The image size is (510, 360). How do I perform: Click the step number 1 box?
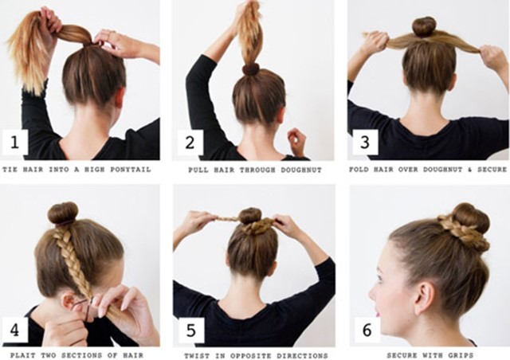[x=15, y=142]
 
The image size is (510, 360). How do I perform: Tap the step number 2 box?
[x=190, y=142]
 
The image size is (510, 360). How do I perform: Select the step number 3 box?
[x=365, y=142]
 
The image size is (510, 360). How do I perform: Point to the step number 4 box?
[x=15, y=330]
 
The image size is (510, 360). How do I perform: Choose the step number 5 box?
[x=191, y=330]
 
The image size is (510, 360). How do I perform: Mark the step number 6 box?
[x=367, y=330]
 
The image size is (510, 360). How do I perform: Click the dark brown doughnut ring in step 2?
[x=251, y=69]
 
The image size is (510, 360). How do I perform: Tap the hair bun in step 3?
[x=424, y=27]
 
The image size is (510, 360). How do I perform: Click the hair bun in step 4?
[x=63, y=213]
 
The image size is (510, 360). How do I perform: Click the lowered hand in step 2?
[x=297, y=141]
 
